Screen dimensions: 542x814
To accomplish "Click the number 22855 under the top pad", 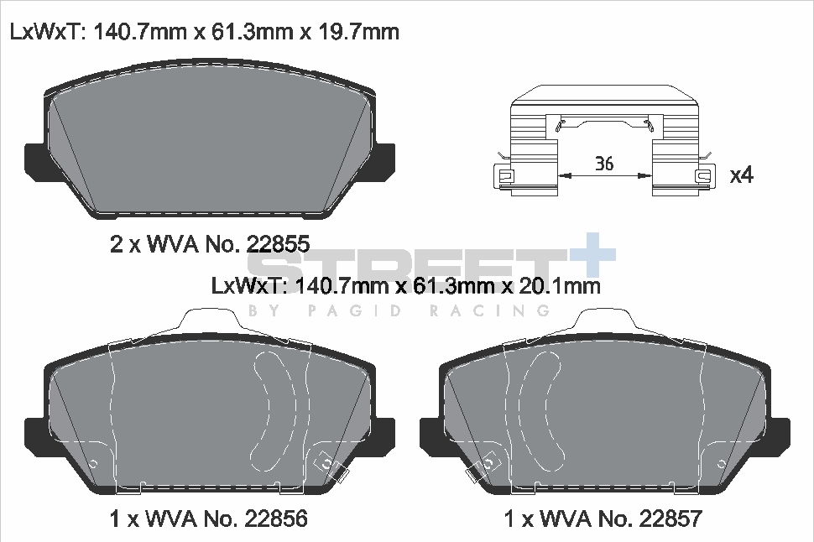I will click(x=279, y=244).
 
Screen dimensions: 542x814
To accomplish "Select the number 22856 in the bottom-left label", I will click(x=275, y=519).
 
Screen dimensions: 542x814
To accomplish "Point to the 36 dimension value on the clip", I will click(x=603, y=164).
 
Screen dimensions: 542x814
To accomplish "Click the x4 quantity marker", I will click(x=742, y=175).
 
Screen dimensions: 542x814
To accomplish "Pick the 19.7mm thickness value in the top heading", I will click(x=356, y=33).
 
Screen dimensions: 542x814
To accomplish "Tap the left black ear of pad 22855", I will click(x=38, y=159).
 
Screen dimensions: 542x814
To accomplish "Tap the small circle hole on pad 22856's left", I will click(x=93, y=463).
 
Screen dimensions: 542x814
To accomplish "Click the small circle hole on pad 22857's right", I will click(x=720, y=463).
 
